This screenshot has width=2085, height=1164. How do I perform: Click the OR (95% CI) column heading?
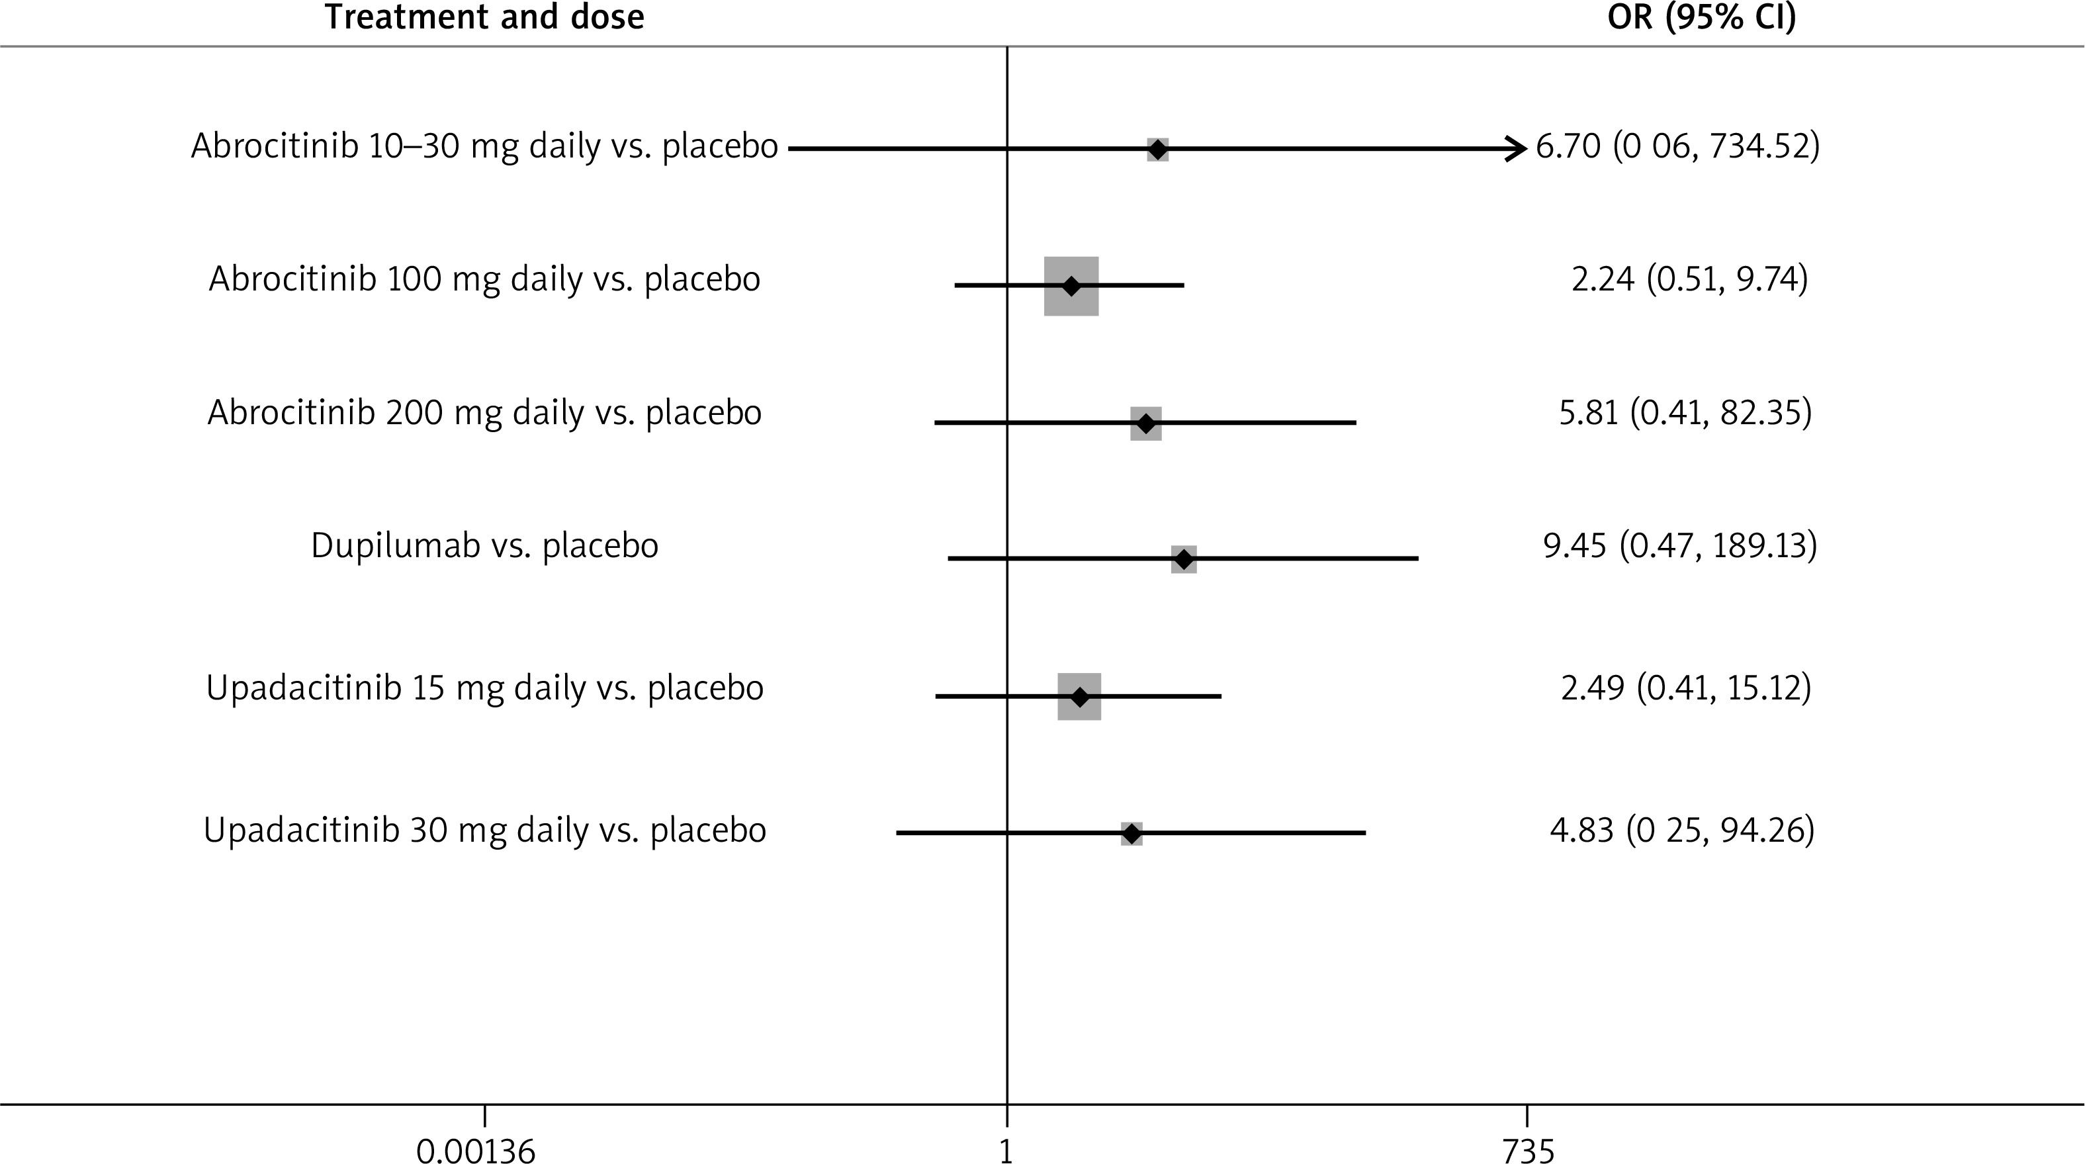pyautogui.click(x=1701, y=17)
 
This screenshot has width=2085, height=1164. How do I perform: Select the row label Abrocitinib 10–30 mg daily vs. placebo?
pyautogui.click(x=484, y=146)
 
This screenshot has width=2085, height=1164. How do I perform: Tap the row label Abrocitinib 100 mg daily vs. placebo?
pyautogui.click(x=484, y=279)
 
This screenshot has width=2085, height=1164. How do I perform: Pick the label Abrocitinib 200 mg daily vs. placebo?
pyautogui.click(x=484, y=413)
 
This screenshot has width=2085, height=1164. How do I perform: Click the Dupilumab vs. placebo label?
pyautogui.click(x=484, y=545)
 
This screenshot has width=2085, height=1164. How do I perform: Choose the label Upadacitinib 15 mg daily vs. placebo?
pyautogui.click(x=484, y=688)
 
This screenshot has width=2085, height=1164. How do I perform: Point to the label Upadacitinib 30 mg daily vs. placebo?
pyautogui.click(x=484, y=830)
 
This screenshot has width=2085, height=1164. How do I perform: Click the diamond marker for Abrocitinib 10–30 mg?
pyautogui.click(x=1157, y=149)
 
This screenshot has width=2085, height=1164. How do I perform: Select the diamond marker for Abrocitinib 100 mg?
pyautogui.click(x=1071, y=286)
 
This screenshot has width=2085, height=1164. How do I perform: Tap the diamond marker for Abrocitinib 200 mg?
pyautogui.click(x=1145, y=424)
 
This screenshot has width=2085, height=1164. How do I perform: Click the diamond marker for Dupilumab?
pyautogui.click(x=1183, y=559)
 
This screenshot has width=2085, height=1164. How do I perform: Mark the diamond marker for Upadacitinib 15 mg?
pyautogui.click(x=1079, y=696)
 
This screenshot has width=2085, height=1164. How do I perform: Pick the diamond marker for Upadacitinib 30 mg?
pyautogui.click(x=1131, y=833)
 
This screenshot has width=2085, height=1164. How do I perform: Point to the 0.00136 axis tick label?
pyautogui.click(x=476, y=1150)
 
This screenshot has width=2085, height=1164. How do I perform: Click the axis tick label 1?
pyautogui.click(x=1006, y=1150)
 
